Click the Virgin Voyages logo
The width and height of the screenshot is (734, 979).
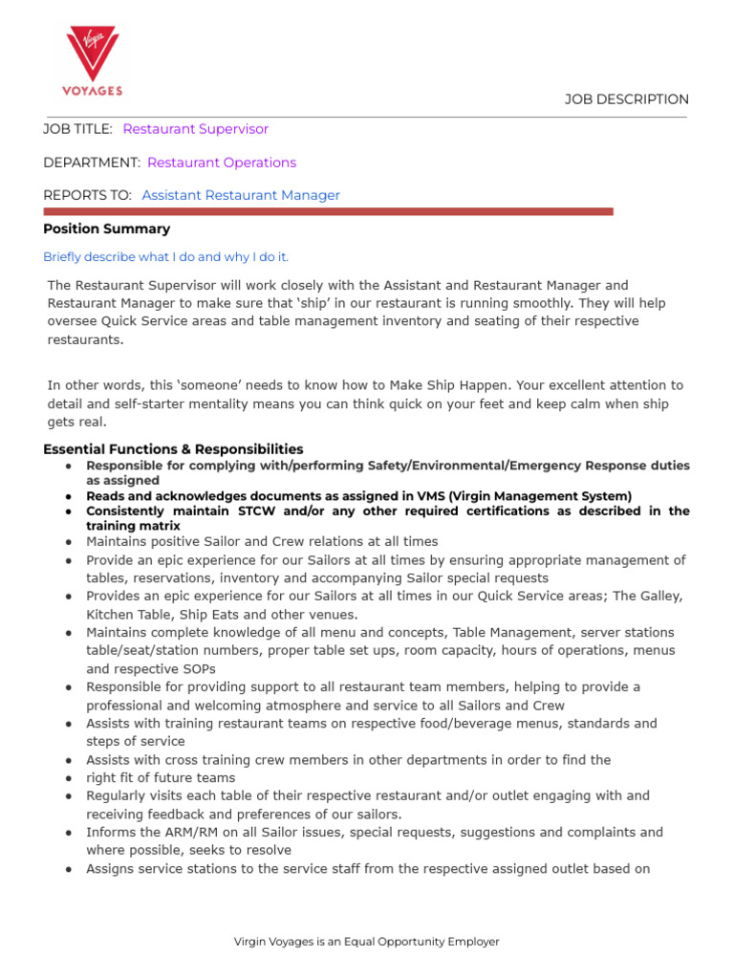(x=93, y=61)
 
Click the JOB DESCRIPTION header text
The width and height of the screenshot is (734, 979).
(x=626, y=99)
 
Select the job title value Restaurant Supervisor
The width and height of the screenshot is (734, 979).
(x=196, y=129)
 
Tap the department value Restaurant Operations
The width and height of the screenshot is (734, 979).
(x=222, y=163)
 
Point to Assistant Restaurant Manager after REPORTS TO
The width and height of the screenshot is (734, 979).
(x=241, y=195)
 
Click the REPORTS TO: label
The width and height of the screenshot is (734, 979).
(x=87, y=195)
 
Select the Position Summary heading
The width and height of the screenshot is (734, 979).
(x=107, y=229)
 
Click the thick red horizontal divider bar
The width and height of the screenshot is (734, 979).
(x=328, y=211)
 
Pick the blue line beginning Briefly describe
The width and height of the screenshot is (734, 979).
(x=165, y=257)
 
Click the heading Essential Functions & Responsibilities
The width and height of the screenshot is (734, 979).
(x=173, y=449)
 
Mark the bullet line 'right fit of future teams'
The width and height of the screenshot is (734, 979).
(x=161, y=778)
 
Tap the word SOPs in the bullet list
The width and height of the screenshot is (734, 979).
(x=199, y=668)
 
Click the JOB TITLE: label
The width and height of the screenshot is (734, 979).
(x=77, y=129)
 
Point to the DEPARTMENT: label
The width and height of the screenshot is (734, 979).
(x=92, y=163)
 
